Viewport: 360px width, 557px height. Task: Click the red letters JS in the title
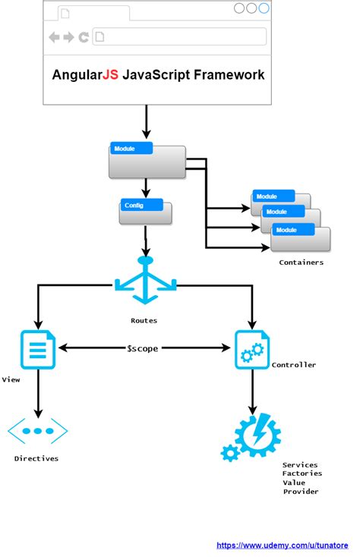(110, 75)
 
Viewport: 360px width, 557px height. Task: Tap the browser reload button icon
(84, 37)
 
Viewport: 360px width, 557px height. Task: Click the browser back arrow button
(54, 37)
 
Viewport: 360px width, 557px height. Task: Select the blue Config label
(141, 205)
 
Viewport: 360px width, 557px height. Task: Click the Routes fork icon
(145, 280)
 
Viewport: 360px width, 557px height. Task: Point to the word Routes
(144, 320)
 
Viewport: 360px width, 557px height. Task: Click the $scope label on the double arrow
(143, 348)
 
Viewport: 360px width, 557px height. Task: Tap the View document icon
(38, 350)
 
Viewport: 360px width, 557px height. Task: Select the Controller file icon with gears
(252, 350)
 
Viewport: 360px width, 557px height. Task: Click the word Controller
(293, 365)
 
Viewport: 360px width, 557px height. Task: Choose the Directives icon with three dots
(38, 431)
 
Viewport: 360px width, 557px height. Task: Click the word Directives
(36, 458)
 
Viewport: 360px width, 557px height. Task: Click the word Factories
(302, 474)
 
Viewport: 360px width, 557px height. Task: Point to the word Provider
(301, 492)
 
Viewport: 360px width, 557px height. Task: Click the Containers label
(302, 263)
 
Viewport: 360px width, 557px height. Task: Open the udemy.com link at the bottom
(283, 546)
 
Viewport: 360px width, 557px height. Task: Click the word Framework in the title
(229, 75)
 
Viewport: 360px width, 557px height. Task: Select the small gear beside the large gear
(230, 453)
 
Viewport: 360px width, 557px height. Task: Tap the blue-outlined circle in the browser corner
(264, 8)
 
